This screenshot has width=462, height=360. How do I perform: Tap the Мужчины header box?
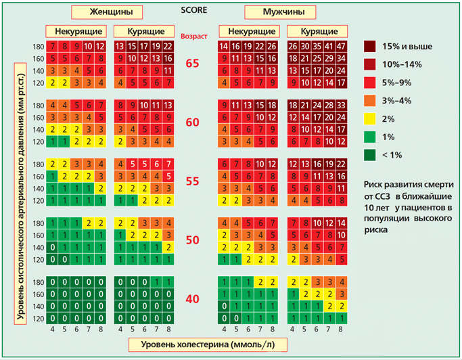(x=279, y=12)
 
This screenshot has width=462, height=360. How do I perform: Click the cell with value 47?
(x=341, y=46)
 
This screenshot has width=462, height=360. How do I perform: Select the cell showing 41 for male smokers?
(x=329, y=46)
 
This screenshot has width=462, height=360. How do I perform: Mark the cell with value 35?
(x=317, y=46)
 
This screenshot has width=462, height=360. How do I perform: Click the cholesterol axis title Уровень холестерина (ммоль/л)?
(x=207, y=344)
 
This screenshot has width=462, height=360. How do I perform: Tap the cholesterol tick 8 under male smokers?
(x=341, y=330)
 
